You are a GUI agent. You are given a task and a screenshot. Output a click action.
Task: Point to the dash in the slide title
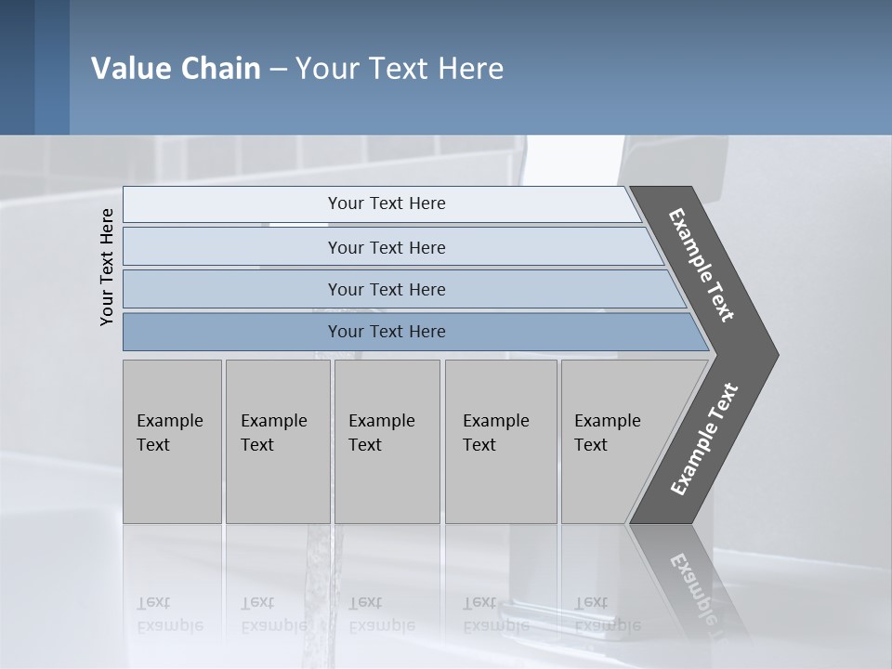click(278, 70)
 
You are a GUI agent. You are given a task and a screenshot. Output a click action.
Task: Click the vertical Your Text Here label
click(107, 267)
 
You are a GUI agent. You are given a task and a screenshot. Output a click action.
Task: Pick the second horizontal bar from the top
click(386, 247)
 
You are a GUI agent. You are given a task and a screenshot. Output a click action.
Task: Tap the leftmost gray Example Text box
click(172, 441)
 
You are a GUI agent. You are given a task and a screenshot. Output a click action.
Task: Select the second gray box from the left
click(277, 441)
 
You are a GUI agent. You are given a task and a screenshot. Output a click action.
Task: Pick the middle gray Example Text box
click(387, 441)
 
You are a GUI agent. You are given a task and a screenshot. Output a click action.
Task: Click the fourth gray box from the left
click(501, 441)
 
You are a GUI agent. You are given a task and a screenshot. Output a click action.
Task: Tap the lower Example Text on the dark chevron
click(704, 439)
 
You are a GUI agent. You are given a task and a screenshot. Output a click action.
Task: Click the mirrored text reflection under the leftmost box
click(169, 613)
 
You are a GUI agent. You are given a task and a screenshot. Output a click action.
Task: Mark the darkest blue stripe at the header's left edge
click(17, 67)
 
